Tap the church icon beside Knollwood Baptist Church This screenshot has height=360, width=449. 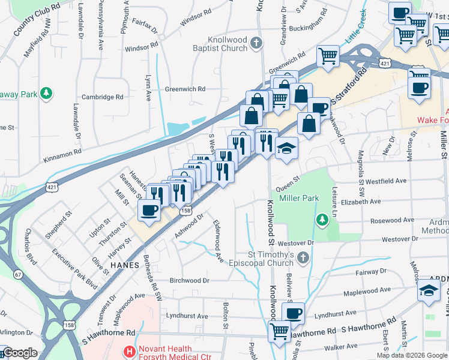256,43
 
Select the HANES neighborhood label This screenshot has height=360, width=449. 125,265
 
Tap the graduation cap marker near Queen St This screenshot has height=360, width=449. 287,148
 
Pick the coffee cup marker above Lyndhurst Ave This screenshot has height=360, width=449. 293,313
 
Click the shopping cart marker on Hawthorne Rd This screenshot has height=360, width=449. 279,331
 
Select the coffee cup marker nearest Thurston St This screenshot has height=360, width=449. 149,210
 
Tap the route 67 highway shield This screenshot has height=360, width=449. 19,274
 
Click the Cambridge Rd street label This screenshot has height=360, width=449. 102,97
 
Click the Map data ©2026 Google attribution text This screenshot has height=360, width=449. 411,355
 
